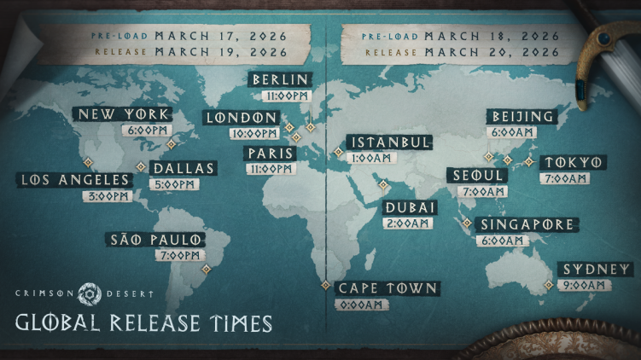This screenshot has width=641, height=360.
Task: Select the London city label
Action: (242, 118)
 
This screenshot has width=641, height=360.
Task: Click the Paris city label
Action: (269, 154)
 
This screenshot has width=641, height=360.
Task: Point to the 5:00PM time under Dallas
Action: (170, 183)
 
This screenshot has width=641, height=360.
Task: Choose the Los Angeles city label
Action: (75, 180)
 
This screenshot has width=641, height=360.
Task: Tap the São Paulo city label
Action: (154, 240)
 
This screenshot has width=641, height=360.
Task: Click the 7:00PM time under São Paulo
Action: (179, 255)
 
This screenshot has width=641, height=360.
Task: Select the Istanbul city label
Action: (389, 142)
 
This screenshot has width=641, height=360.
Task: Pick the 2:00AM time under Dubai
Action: (408, 224)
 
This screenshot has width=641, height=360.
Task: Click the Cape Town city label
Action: (388, 288)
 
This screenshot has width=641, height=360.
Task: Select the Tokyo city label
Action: (574, 163)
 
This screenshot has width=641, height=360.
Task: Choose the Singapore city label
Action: (526, 224)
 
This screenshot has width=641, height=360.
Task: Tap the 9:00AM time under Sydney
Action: (586, 286)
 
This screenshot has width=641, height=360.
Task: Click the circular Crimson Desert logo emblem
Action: (90, 294)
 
